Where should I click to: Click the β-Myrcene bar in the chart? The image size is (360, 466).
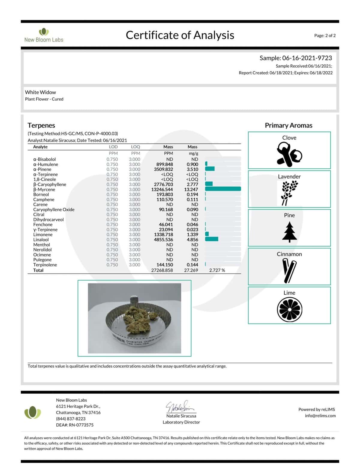223,189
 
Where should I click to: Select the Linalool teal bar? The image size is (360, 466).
212,239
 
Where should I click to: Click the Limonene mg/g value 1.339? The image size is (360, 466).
192,234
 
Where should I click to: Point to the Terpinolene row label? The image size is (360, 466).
45,265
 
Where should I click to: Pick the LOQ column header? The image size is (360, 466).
136,147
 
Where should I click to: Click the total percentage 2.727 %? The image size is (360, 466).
217,270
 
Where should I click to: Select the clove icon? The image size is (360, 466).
289,154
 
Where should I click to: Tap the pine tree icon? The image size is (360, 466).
289,232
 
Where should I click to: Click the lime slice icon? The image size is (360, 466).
289,310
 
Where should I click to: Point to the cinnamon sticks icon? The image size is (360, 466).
289,271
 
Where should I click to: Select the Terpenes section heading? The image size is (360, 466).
41,125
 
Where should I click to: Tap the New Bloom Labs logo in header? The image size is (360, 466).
44,35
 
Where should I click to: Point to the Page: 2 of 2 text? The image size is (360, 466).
325,35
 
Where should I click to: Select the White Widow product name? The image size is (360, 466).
40,92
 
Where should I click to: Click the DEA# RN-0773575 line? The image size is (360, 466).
75,425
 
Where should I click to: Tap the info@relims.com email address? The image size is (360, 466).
320,416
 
